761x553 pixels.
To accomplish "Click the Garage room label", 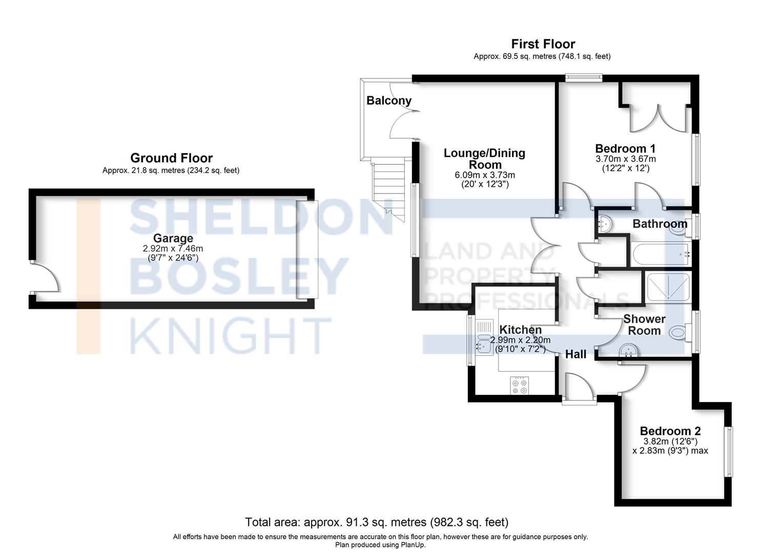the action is coord(173,238).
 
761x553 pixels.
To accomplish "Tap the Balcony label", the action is coord(389,100).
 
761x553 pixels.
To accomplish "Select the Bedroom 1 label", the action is coord(625,148).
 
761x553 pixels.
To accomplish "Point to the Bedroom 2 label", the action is coord(670,431).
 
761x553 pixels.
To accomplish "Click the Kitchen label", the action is coord(521,329).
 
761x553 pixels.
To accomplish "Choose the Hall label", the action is coord(575,354).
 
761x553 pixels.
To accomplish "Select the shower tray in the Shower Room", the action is coord(668,288).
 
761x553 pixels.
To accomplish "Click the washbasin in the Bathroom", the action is coord(604,223).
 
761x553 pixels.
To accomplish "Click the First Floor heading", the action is coord(543,44).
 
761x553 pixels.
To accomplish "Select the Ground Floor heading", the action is coord(171,158).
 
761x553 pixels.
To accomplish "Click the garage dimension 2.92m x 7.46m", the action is coord(173,248).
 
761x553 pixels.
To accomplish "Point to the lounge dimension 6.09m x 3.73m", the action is coord(485,175).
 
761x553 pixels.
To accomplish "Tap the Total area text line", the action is coord(377,522).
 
